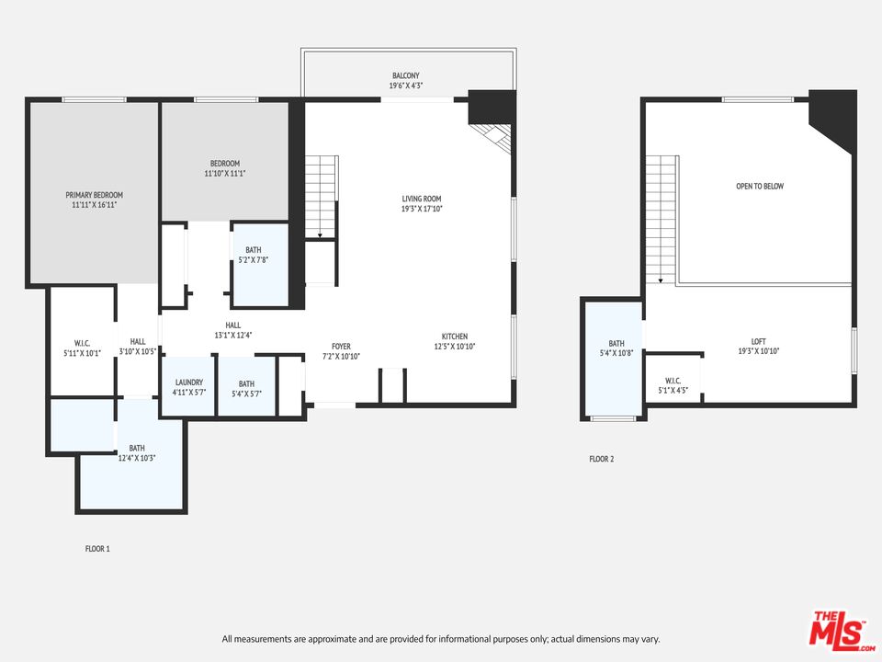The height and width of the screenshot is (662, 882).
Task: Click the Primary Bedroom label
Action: tap(94, 195)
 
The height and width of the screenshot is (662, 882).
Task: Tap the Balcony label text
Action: tap(405, 75)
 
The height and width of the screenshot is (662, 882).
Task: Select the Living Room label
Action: tap(422, 199)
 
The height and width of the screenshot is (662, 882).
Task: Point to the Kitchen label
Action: tap(455, 337)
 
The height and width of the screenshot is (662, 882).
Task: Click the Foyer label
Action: tap(341, 347)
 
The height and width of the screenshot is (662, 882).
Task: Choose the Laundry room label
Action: tap(189, 382)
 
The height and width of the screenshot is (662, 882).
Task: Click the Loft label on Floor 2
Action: tap(758, 342)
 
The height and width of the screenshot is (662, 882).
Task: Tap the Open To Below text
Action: tap(760, 187)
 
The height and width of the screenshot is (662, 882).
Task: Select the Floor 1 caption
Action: tap(97, 549)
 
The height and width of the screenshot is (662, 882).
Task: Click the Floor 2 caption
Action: tap(601, 460)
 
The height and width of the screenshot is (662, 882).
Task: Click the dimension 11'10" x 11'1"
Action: tap(225, 174)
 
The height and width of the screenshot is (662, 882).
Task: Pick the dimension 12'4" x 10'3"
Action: tap(137, 458)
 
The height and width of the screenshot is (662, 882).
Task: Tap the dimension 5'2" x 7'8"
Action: tap(254, 260)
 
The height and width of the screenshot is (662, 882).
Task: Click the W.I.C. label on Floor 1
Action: tap(82, 343)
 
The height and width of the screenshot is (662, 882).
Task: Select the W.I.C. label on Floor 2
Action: tap(673, 381)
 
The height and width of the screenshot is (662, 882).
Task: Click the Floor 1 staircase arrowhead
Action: tap(320, 236)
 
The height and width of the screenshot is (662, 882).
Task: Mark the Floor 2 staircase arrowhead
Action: tap(661, 280)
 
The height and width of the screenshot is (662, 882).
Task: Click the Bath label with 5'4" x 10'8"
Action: tap(616, 343)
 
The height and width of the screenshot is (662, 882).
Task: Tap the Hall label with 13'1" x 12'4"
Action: tap(232, 325)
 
